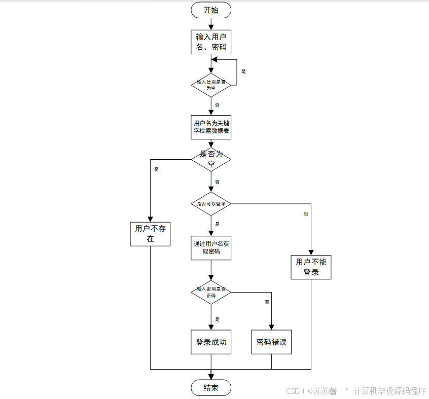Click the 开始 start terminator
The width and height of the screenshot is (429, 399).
pos(211,10)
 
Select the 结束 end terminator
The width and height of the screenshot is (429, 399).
pos(211,388)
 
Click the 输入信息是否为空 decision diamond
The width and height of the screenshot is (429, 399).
pos(211,85)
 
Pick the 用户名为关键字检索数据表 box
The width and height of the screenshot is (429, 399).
pos(211,127)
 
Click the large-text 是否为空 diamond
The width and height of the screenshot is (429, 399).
pos(211,159)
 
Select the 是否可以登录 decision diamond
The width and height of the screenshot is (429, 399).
pos(211,204)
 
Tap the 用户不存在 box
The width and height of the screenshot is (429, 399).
pos(150,234)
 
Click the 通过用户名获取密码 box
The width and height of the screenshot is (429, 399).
pos(211,247)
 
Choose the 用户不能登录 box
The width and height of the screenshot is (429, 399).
pos(311,267)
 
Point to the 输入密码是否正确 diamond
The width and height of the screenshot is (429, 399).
pos(211,292)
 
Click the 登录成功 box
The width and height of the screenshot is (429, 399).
pos(211,342)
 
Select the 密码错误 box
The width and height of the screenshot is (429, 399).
pos(271,342)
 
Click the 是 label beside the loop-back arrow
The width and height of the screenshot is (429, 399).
pos(243,71)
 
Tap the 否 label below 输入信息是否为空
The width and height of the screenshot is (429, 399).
pos(218,104)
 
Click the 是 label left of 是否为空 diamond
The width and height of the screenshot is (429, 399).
pos(156,169)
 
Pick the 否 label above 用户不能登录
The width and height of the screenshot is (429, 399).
pos(306,214)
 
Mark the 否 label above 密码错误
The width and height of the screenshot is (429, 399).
pos(267,302)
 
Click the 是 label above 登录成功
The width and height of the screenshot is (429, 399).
pos(218,319)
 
